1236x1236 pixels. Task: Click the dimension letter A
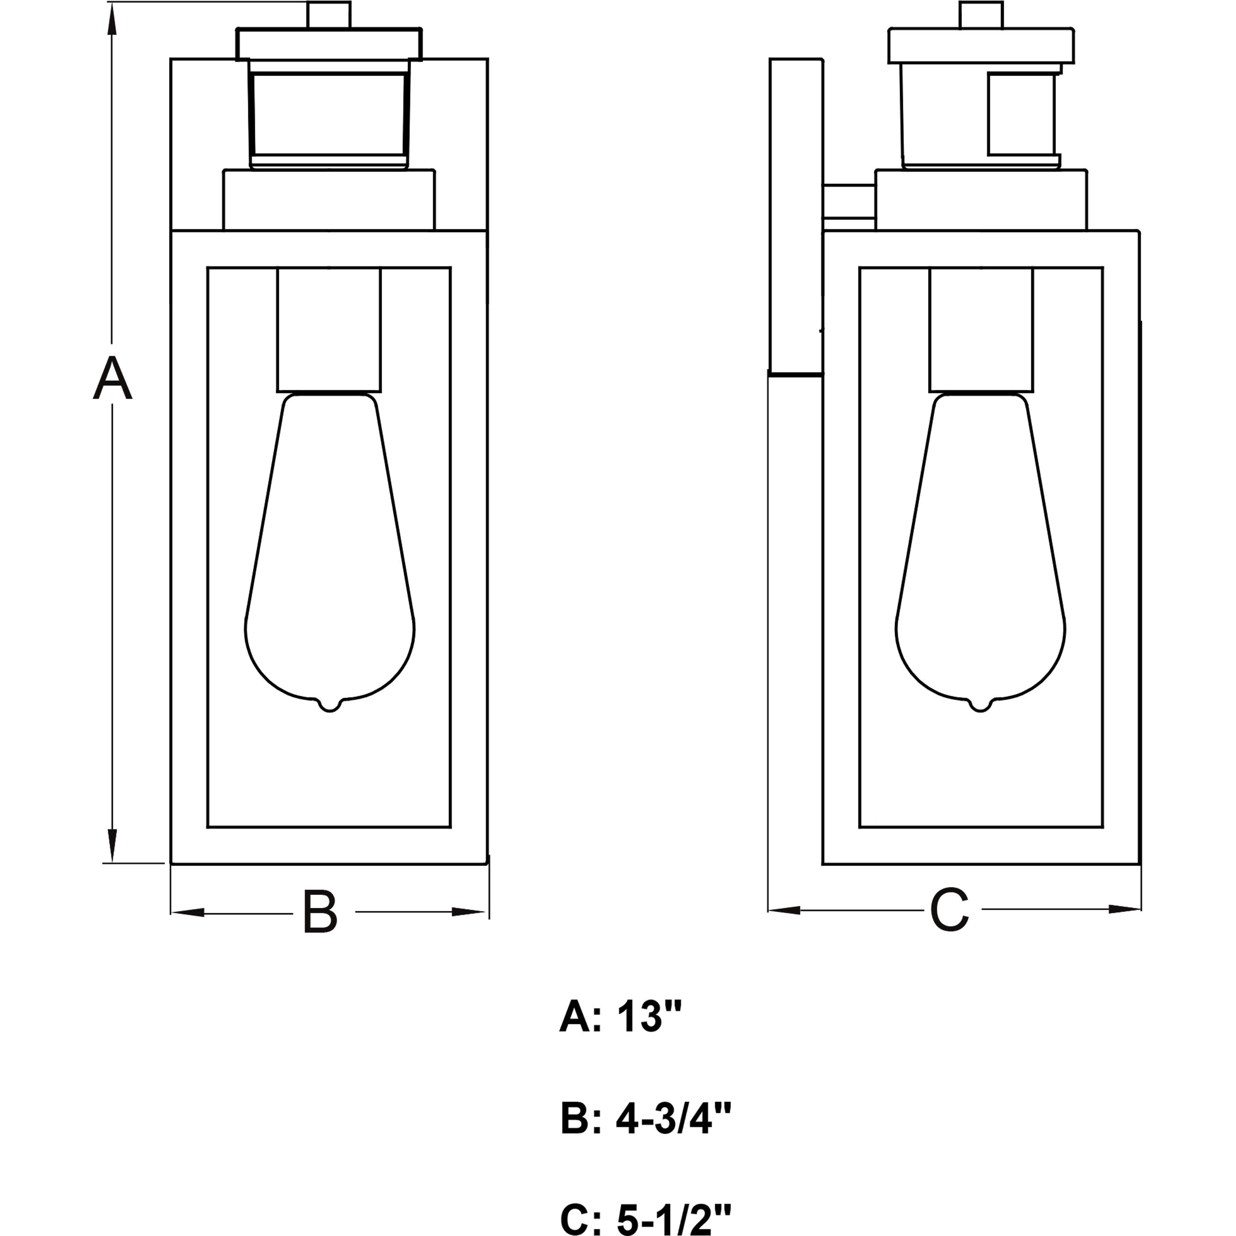click(113, 379)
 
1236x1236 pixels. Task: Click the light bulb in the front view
click(329, 550)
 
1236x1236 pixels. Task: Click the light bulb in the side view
click(981, 550)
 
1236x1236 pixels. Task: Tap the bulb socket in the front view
click(329, 329)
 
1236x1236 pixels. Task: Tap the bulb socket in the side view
click(981, 329)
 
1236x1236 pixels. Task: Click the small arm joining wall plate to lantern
click(849, 206)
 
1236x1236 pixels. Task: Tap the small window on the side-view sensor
click(1020, 114)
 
